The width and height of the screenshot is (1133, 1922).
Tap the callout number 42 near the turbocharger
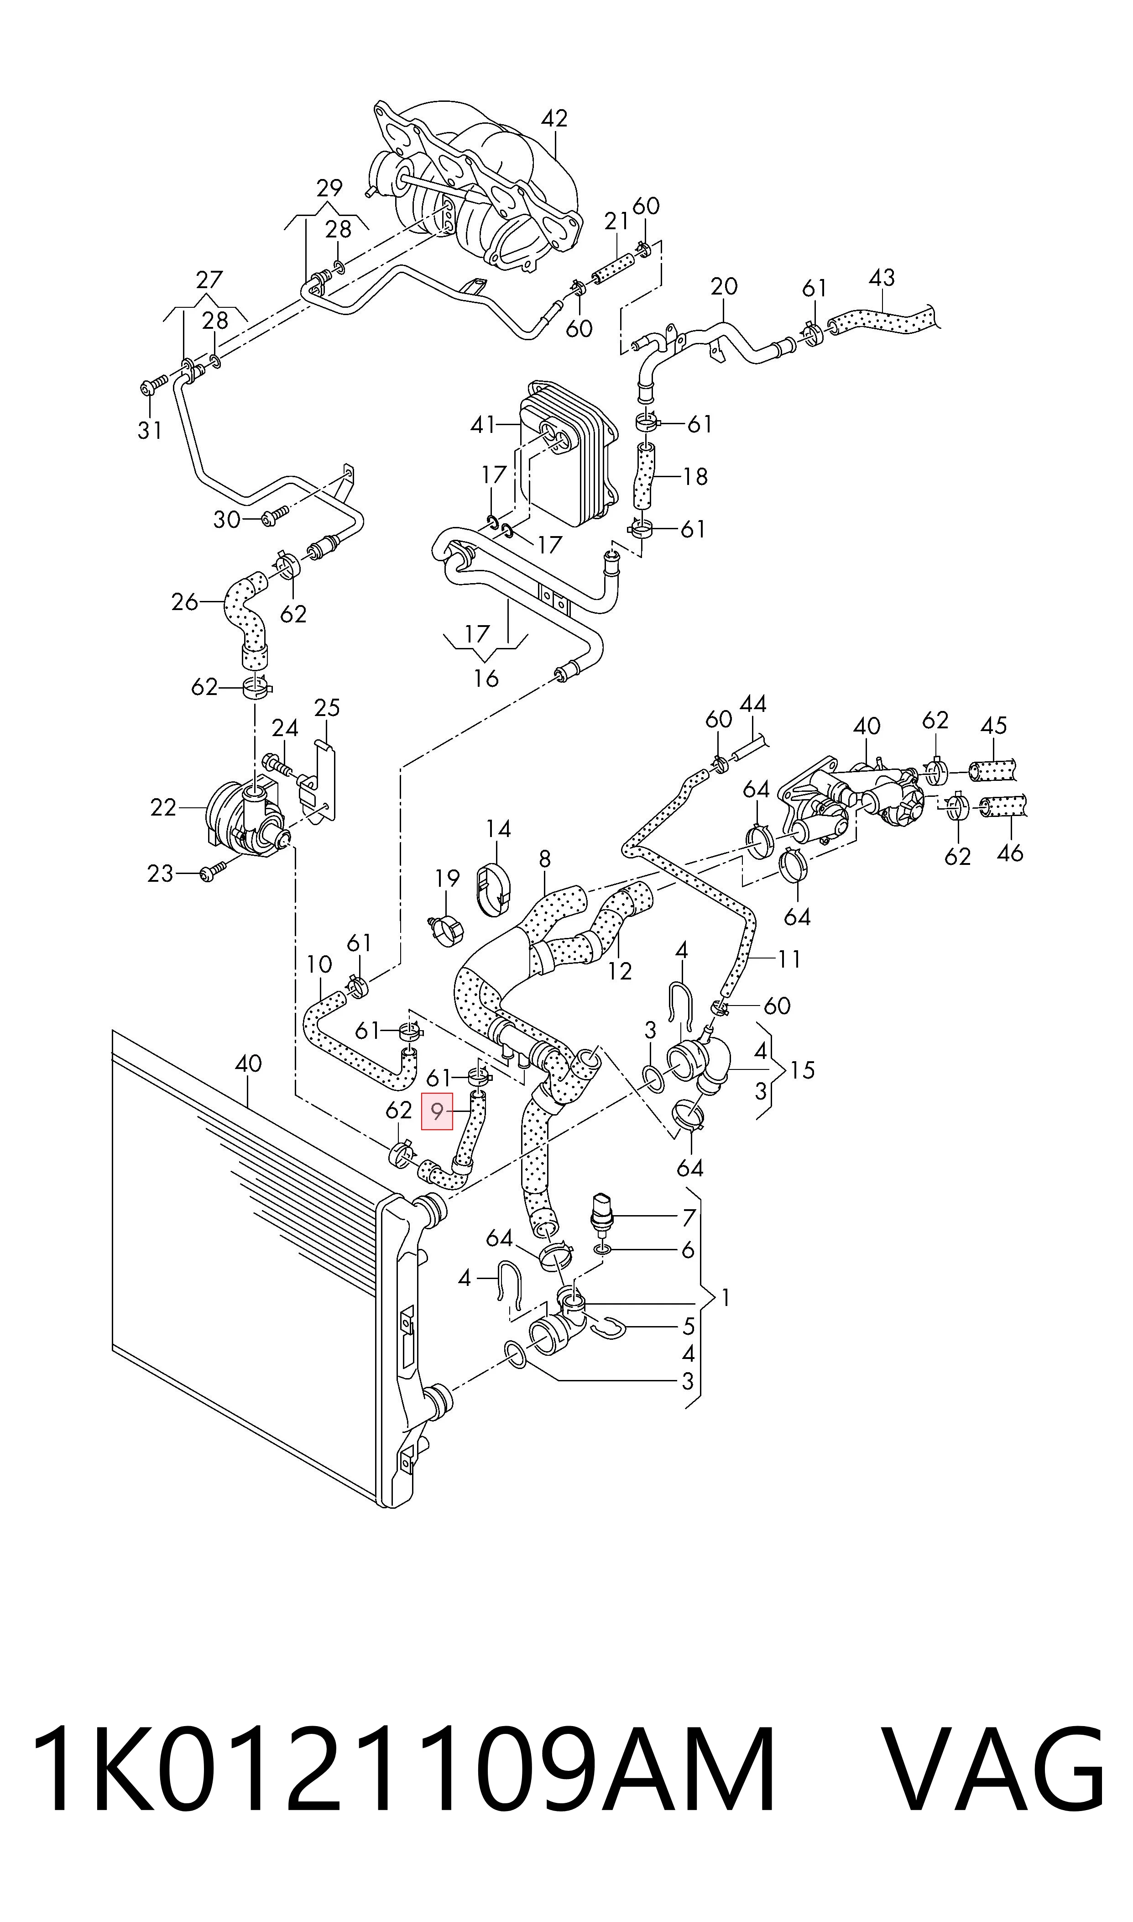click(x=555, y=118)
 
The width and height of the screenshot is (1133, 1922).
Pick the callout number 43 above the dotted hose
click(x=882, y=277)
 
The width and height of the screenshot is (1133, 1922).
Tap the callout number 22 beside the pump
click(x=163, y=807)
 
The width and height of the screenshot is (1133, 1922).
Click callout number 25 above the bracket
click(x=327, y=707)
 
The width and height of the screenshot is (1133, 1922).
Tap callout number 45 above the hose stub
click(x=993, y=725)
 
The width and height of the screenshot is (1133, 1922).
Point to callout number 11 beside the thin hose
click(x=789, y=958)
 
